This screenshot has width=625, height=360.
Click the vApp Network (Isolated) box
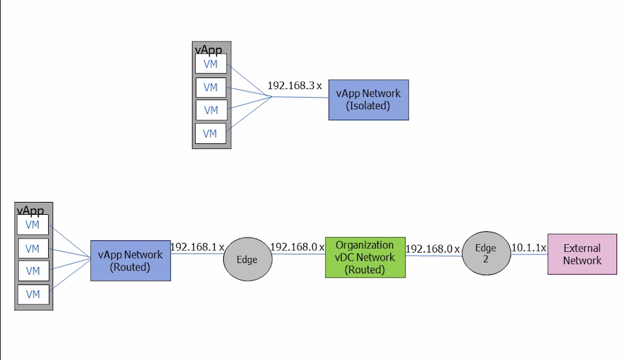tap(368, 99)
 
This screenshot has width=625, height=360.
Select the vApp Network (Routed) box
tap(130, 261)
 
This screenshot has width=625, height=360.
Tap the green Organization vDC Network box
tap(365, 257)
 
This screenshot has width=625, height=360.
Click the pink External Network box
tap(582, 254)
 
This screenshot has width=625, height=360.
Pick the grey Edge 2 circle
tap(486, 253)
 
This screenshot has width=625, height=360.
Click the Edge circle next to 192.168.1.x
tap(247, 259)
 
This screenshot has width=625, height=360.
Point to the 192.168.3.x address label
tap(295, 85)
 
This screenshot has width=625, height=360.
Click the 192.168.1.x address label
tap(197, 247)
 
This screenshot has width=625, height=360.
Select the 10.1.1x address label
tap(529, 247)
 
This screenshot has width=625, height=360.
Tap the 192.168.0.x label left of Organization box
tap(297, 247)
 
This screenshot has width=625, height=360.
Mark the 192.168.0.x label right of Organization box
tap(432, 248)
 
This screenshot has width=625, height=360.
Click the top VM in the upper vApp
tap(211, 64)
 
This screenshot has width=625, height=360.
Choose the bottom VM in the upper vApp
tap(211, 134)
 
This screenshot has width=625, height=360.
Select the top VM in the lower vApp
tap(33, 225)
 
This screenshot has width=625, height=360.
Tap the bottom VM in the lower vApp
tap(33, 294)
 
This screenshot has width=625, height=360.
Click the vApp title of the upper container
tap(208, 49)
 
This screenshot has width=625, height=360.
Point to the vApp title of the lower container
tap(30, 211)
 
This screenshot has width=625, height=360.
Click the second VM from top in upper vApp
tap(211, 87)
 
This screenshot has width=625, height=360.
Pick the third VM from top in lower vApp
tap(33, 271)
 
